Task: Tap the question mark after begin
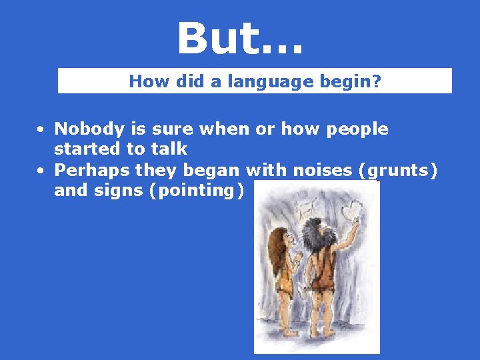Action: point(377,81)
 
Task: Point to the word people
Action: point(357,129)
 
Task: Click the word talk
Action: point(169,149)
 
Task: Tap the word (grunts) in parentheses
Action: point(398,171)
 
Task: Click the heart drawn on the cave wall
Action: point(351,211)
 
